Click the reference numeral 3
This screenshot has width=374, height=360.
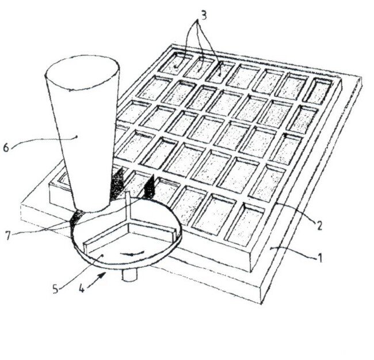pyautogui.click(x=203, y=16)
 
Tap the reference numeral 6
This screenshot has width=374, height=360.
pyautogui.click(x=6, y=148)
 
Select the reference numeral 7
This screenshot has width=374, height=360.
pyautogui.click(x=8, y=236)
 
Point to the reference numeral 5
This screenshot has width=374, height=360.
pyautogui.click(x=55, y=289)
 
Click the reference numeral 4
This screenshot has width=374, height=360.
pyautogui.click(x=82, y=289)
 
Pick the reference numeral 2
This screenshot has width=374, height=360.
pyautogui.click(x=318, y=225)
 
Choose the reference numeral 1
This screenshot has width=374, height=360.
pyautogui.click(x=320, y=258)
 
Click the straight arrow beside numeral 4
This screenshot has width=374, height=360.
pyautogui.click(x=97, y=280)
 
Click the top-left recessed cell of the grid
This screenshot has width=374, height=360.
pyautogui.click(x=176, y=63)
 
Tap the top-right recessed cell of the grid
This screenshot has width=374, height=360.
pyautogui.click(x=318, y=91)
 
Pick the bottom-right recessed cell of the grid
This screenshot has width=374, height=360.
pyautogui.click(x=245, y=225)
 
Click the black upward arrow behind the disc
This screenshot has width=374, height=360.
pyautogui.click(x=149, y=186)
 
